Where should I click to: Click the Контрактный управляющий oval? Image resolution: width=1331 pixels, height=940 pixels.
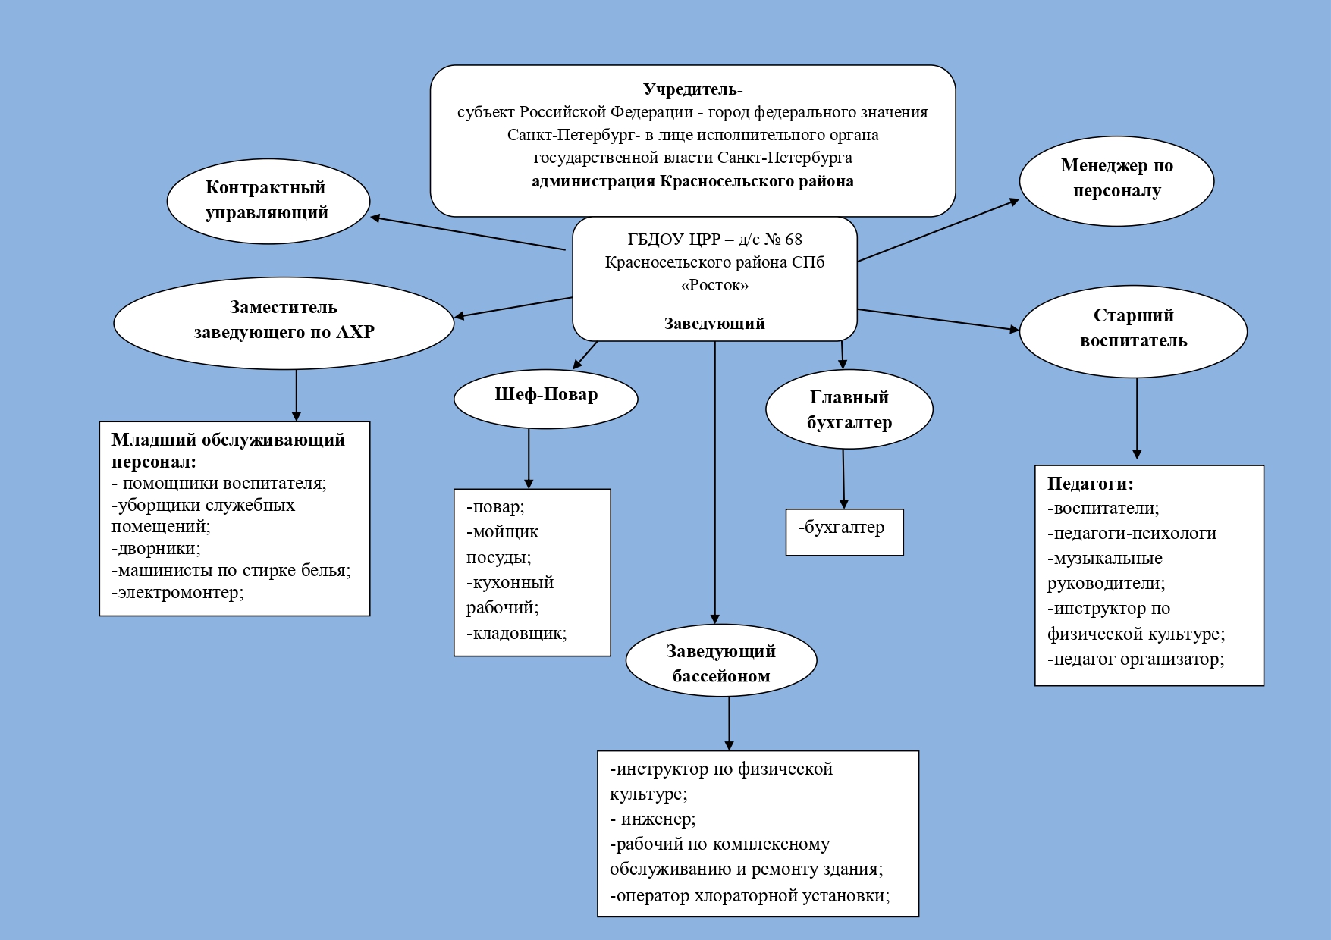click(268, 201)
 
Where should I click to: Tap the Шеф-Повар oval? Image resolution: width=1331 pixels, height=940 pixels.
click(546, 397)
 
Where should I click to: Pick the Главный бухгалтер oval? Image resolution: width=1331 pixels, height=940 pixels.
click(849, 410)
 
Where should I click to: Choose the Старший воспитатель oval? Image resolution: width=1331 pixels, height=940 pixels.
click(1133, 330)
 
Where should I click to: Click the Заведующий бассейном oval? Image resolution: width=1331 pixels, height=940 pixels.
click(721, 662)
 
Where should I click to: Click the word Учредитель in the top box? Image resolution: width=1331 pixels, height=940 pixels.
click(690, 89)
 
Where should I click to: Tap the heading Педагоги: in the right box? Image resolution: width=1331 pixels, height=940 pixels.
click(1090, 484)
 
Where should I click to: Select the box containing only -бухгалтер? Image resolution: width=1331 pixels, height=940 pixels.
click(844, 531)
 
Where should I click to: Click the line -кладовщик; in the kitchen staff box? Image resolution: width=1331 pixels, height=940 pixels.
click(516, 633)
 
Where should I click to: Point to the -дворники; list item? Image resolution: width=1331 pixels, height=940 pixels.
click(156, 548)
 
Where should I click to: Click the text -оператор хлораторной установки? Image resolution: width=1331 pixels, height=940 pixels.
click(749, 895)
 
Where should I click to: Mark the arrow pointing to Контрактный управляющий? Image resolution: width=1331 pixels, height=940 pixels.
click(468, 233)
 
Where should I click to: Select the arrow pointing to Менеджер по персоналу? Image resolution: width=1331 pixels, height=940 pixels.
click(938, 230)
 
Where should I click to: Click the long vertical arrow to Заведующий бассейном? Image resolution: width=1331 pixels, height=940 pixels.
click(715, 485)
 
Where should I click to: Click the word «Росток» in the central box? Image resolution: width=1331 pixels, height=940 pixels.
click(714, 286)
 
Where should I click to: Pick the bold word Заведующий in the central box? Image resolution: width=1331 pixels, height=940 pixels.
click(714, 324)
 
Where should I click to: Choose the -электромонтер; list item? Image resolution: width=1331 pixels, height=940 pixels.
click(177, 592)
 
